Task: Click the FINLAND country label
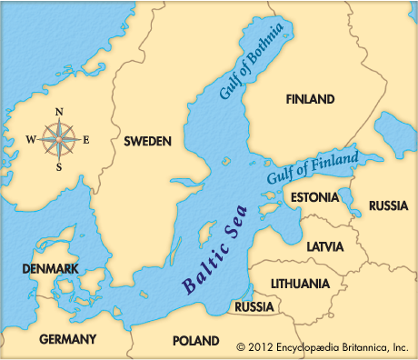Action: (x=310, y=98)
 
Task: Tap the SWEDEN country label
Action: (x=148, y=143)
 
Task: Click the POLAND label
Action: (x=195, y=341)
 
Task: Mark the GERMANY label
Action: (x=68, y=339)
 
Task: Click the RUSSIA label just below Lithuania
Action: (x=254, y=307)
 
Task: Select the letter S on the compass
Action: (x=59, y=167)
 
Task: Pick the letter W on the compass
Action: (x=30, y=139)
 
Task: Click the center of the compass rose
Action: (x=59, y=139)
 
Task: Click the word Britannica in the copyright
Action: (x=359, y=346)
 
